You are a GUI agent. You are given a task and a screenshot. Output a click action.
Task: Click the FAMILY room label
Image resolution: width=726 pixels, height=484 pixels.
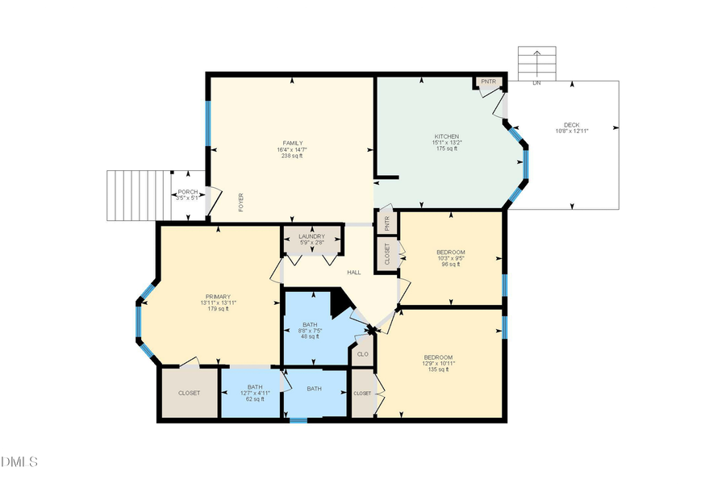pyautogui.click(x=292, y=143)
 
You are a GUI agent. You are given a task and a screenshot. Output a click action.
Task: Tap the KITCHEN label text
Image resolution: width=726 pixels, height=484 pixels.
pyautogui.click(x=446, y=136)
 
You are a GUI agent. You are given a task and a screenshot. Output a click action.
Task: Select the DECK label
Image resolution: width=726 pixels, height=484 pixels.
pyautogui.click(x=571, y=125)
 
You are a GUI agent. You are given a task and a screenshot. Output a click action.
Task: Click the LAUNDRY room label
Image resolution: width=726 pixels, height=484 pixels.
pyautogui.click(x=311, y=236)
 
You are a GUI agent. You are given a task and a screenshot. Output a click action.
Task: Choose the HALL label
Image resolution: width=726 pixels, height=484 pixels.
pyautogui.click(x=353, y=273)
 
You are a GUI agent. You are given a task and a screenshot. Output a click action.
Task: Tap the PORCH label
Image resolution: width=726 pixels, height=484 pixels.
pyautogui.click(x=187, y=192)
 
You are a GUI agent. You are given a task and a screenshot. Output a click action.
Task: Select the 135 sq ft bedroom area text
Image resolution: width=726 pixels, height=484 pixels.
pyautogui.click(x=438, y=369)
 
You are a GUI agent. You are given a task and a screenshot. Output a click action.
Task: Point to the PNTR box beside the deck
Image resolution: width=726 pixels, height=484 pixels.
pyautogui.click(x=488, y=82)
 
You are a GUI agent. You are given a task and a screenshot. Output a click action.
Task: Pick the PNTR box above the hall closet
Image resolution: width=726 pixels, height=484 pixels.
pyautogui.click(x=386, y=222)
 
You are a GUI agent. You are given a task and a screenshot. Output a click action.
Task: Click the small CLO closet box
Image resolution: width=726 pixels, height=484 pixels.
pyautogui.click(x=362, y=354)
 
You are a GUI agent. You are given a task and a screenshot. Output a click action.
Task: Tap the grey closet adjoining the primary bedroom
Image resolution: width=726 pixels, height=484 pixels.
pyautogui.click(x=190, y=393)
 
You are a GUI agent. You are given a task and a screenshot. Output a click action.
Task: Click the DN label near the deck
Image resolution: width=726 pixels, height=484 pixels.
pyautogui.click(x=536, y=83)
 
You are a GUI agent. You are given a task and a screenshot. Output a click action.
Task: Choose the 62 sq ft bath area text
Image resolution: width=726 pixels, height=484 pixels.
pyautogui.click(x=256, y=399)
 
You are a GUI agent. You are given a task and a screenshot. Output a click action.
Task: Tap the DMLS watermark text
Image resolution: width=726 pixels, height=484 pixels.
pyautogui.click(x=19, y=462)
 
